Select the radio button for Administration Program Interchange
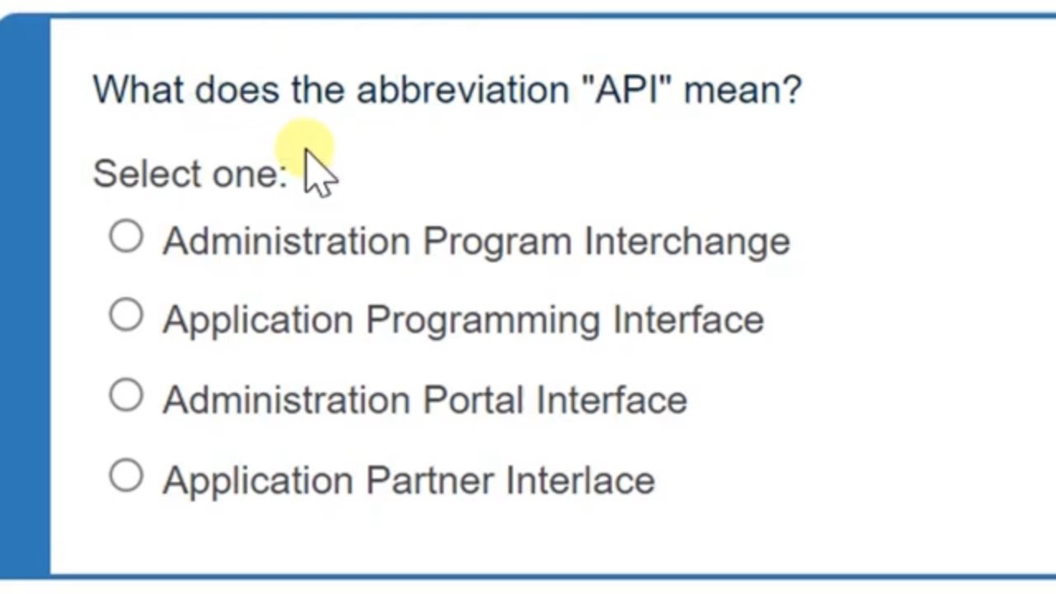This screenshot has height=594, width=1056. point(126,237)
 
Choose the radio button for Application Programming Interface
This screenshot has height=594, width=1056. point(126,315)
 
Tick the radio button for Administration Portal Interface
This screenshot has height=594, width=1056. point(126,395)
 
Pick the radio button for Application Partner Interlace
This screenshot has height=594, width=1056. point(126,475)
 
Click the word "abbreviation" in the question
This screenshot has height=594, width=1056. point(462,89)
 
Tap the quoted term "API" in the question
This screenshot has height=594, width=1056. point(628,89)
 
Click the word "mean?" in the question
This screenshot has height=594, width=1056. point(742,89)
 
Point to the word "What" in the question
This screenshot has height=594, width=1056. point(138,89)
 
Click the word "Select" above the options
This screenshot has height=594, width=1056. point(147,173)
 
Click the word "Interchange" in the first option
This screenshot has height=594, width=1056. point(687,241)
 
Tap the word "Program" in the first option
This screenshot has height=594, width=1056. point(497,241)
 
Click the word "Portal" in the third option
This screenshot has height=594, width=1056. point(474,400)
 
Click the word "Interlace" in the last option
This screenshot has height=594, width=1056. point(580,480)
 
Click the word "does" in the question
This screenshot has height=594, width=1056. point(237,89)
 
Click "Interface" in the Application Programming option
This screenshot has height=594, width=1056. point(688,320)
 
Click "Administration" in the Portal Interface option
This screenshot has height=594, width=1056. point(286,400)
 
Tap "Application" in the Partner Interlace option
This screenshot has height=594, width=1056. point(257,481)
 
